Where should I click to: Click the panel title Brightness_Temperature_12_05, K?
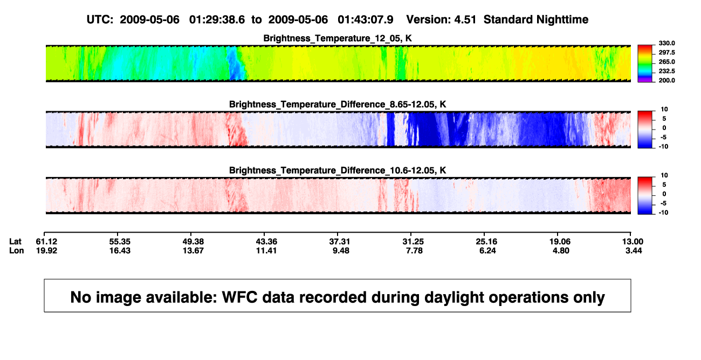(x=338, y=38)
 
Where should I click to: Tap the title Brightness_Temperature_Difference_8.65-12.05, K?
(x=338, y=104)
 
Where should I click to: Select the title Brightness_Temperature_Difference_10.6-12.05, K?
(x=338, y=171)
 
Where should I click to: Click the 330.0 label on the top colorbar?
(x=666, y=43)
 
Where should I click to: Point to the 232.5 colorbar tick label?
(x=666, y=71)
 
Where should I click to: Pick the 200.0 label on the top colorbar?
(x=666, y=80)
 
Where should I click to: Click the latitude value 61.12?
(x=46, y=242)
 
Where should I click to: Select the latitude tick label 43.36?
(x=266, y=242)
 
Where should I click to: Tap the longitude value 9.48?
(x=341, y=250)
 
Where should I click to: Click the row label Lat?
(x=15, y=242)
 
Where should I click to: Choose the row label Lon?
(x=17, y=250)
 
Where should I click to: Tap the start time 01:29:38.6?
(x=217, y=20)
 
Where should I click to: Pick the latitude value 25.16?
(x=486, y=242)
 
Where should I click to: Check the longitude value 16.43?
(x=120, y=250)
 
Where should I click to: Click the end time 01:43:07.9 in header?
(x=365, y=20)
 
